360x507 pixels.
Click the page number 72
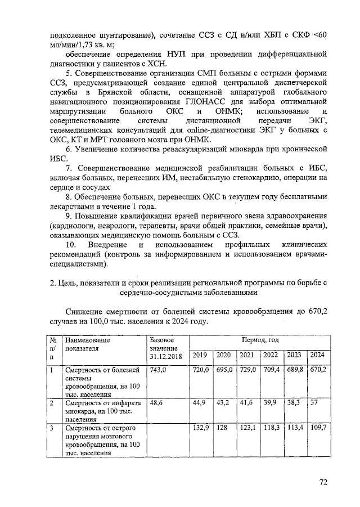click(x=323, y=482)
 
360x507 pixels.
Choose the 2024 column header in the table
click(x=317, y=355)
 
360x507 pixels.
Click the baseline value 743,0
click(x=159, y=370)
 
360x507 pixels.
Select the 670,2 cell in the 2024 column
click(x=318, y=370)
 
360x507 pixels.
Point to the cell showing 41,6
click(x=246, y=403)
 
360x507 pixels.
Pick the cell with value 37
click(x=315, y=403)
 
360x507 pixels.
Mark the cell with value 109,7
click(x=318, y=429)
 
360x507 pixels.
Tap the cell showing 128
click(x=223, y=429)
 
